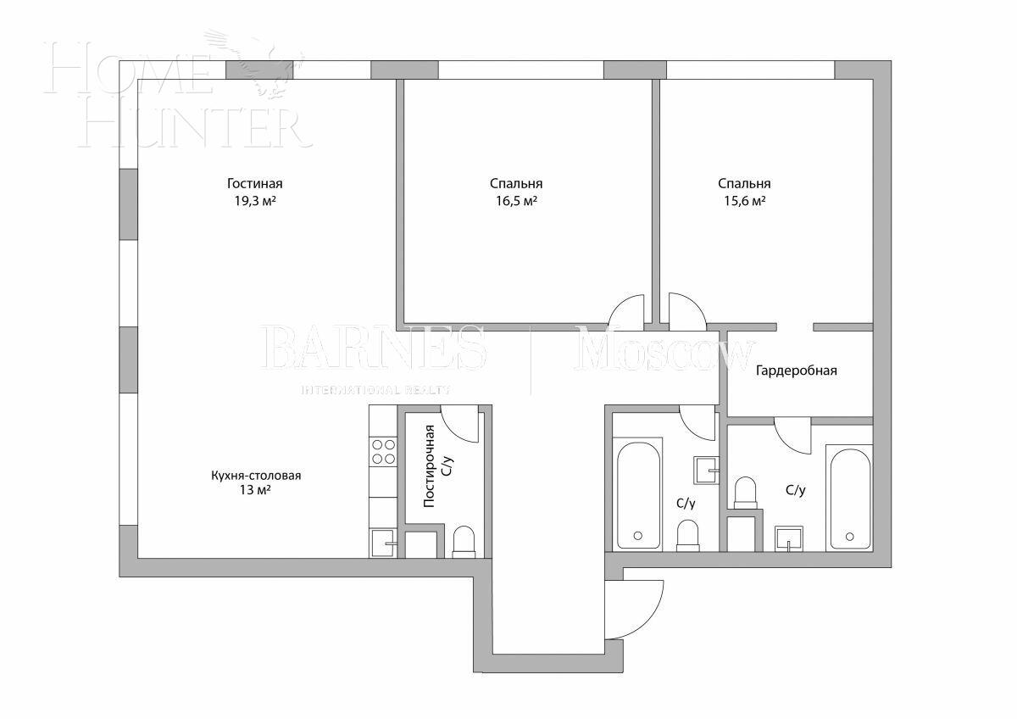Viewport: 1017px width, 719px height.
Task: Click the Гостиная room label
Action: click(x=254, y=184)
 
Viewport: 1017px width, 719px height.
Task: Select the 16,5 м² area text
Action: click(x=515, y=202)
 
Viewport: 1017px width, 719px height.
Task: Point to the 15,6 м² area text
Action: click(x=743, y=202)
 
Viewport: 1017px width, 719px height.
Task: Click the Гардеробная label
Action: click(x=797, y=371)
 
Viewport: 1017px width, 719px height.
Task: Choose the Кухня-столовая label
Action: click(x=256, y=476)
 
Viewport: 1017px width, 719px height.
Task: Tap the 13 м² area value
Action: click(x=256, y=492)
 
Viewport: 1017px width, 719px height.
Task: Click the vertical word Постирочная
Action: click(x=430, y=465)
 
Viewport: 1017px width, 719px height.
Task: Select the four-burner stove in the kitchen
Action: click(x=383, y=451)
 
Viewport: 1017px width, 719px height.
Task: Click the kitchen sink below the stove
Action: click(x=383, y=540)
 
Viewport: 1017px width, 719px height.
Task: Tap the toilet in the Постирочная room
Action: click(x=464, y=543)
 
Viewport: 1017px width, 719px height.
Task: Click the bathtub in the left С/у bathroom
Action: click(x=637, y=494)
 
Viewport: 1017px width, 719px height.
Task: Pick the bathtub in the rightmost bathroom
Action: click(x=849, y=499)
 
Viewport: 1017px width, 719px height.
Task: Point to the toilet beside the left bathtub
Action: click(x=688, y=536)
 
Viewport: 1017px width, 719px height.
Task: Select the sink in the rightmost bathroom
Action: click(x=790, y=538)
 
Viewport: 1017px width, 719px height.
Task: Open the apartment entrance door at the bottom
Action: click(x=637, y=609)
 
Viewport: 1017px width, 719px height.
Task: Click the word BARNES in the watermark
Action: click(x=373, y=349)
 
